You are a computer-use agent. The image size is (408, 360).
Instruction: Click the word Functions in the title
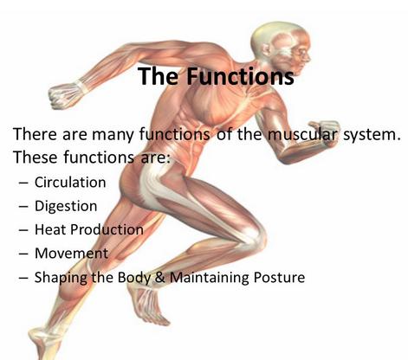(240, 76)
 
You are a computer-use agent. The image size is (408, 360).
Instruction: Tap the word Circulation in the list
(70, 183)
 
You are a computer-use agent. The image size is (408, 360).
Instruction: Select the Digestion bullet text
(66, 207)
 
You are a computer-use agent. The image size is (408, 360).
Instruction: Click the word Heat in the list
(50, 229)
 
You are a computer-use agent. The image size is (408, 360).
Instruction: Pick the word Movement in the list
(71, 254)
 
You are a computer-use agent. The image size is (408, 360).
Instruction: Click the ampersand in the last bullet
(160, 278)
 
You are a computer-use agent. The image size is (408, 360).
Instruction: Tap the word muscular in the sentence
(301, 134)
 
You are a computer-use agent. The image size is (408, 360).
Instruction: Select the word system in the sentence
(372, 135)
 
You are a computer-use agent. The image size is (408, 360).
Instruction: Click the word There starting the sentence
(35, 134)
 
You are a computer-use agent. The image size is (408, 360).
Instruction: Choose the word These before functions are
(36, 157)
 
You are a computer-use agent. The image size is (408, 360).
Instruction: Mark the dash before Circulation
(23, 183)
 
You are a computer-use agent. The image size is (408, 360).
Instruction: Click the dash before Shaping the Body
(23, 278)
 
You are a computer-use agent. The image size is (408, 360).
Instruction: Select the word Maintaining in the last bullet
(210, 278)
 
